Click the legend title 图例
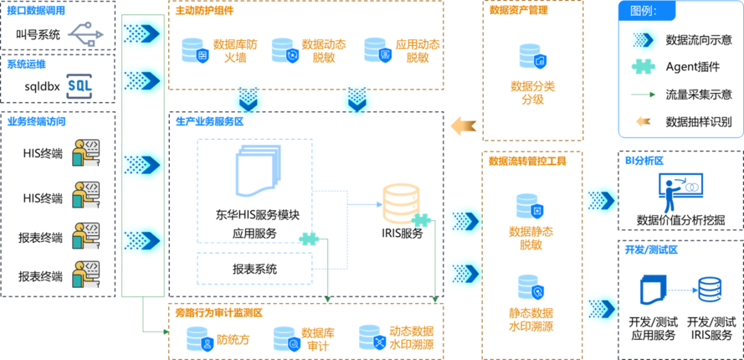[x=642, y=12]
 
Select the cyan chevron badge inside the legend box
[x=643, y=39]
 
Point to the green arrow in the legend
[x=642, y=94]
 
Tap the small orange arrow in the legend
[x=643, y=121]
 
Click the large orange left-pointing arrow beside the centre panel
[x=463, y=126]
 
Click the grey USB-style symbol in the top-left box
[x=86, y=33]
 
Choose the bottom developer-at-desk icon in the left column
[x=85, y=274]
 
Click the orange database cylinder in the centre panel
[x=400, y=203]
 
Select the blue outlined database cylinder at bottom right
[x=710, y=289]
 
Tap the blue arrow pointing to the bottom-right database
[x=682, y=290]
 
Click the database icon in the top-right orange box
[x=532, y=56]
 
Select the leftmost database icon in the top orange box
[x=194, y=49]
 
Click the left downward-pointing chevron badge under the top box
[x=249, y=99]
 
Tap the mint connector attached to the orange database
[x=421, y=219]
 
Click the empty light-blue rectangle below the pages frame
[x=254, y=268]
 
